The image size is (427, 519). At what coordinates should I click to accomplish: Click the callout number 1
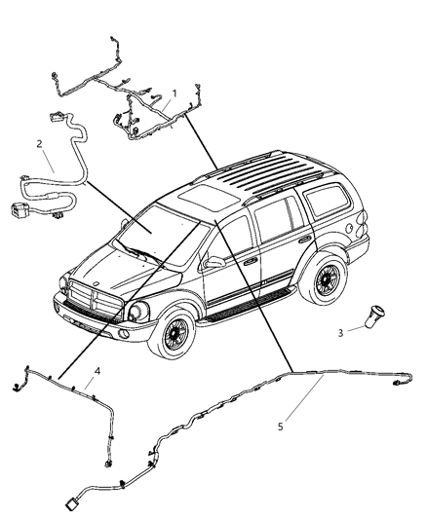click(x=175, y=94)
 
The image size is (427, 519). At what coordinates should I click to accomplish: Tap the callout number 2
click(x=40, y=144)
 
